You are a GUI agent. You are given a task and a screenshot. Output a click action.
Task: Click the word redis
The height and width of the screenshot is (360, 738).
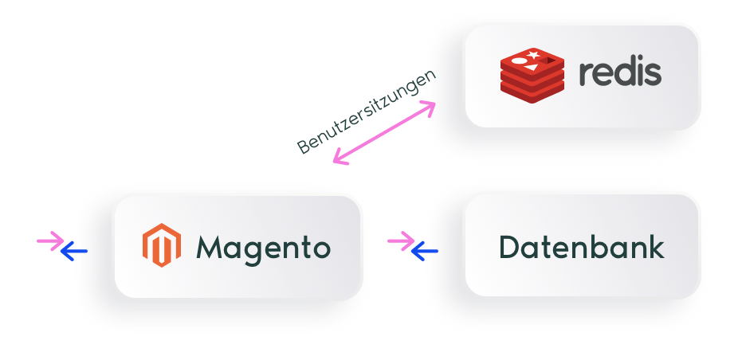click(x=620, y=72)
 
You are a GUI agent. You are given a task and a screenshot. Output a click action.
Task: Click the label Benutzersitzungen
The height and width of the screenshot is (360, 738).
click(x=367, y=112)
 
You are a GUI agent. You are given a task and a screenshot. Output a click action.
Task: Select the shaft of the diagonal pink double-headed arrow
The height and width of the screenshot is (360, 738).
click(x=383, y=133)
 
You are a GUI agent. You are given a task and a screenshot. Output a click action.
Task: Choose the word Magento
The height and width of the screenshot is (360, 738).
click(x=263, y=248)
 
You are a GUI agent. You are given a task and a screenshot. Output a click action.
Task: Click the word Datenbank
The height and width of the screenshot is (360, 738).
click(x=581, y=247)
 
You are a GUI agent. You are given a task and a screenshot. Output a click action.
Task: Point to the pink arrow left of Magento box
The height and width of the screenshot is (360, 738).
click(x=50, y=241)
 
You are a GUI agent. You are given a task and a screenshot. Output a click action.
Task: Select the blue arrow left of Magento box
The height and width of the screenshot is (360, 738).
click(x=74, y=252)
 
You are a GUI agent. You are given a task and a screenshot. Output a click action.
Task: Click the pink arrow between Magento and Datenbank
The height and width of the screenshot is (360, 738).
click(x=400, y=241)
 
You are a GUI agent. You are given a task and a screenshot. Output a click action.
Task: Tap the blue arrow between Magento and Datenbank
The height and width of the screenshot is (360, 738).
click(x=425, y=252)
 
